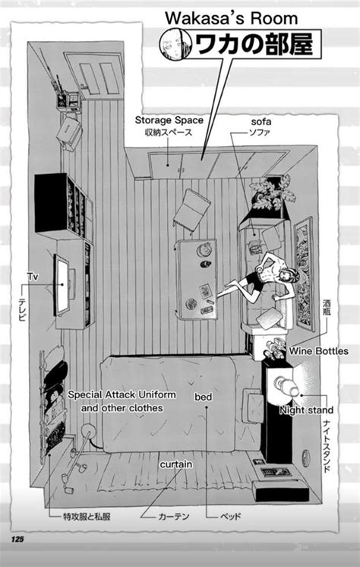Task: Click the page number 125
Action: pyautogui.click(x=17, y=539)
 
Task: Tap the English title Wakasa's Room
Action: pyautogui.click(x=232, y=18)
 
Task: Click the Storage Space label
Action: pyautogui.click(x=169, y=120)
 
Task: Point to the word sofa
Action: pyautogui.click(x=261, y=122)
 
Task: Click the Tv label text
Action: pyautogui.click(x=33, y=277)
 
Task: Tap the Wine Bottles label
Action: pyautogui.click(x=318, y=350)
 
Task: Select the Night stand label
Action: pyautogui.click(x=306, y=410)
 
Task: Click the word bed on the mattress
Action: pyautogui.click(x=203, y=397)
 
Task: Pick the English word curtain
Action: pyautogui.click(x=176, y=464)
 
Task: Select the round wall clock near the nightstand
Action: pyautogui.click(x=306, y=458)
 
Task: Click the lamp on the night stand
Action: pyautogui.click(x=286, y=385)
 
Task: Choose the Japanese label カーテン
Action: pyautogui.click(x=173, y=516)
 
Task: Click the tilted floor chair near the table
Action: pyautogui.click(x=191, y=209)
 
